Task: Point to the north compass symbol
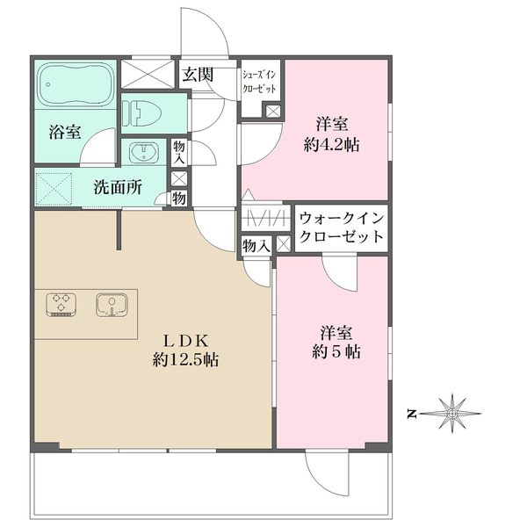pyautogui.click(x=453, y=411)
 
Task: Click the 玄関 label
pyautogui.click(x=197, y=74)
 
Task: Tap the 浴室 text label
pyautogui.click(x=65, y=134)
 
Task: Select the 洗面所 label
pyautogui.click(x=116, y=186)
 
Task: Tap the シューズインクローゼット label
pyautogui.click(x=260, y=83)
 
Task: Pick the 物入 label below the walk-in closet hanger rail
pyautogui.click(x=256, y=247)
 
